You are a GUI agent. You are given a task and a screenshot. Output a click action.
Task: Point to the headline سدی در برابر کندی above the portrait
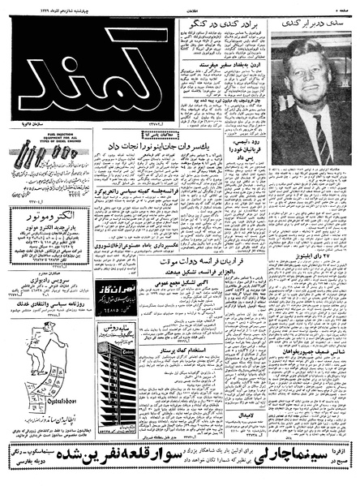coord(313,26)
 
